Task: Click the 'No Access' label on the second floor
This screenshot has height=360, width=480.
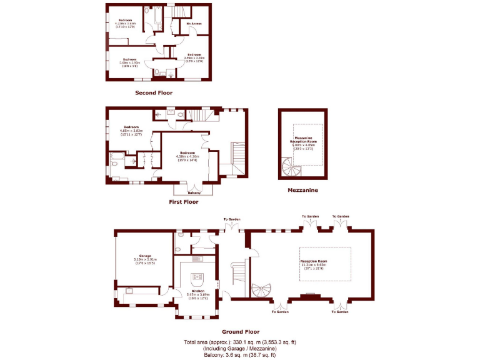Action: point(194,24)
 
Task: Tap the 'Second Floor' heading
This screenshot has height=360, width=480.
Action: point(154,92)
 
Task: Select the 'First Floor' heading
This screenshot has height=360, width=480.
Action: point(184,202)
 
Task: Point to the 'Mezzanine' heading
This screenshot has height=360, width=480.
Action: point(303,189)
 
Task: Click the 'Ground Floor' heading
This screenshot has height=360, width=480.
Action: point(241,332)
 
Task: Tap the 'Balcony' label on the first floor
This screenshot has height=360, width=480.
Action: point(194,192)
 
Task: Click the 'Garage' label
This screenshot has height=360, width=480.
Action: point(144,257)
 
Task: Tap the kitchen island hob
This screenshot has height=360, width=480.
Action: point(198,277)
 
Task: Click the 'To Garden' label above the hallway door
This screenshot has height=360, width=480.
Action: point(232,219)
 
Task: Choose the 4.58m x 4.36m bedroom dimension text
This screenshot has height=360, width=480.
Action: point(188,156)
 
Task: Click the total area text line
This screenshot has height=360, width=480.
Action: point(241,342)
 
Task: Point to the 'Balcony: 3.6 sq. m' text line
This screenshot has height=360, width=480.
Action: point(241,355)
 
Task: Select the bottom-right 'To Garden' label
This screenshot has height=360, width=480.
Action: point(340,311)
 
